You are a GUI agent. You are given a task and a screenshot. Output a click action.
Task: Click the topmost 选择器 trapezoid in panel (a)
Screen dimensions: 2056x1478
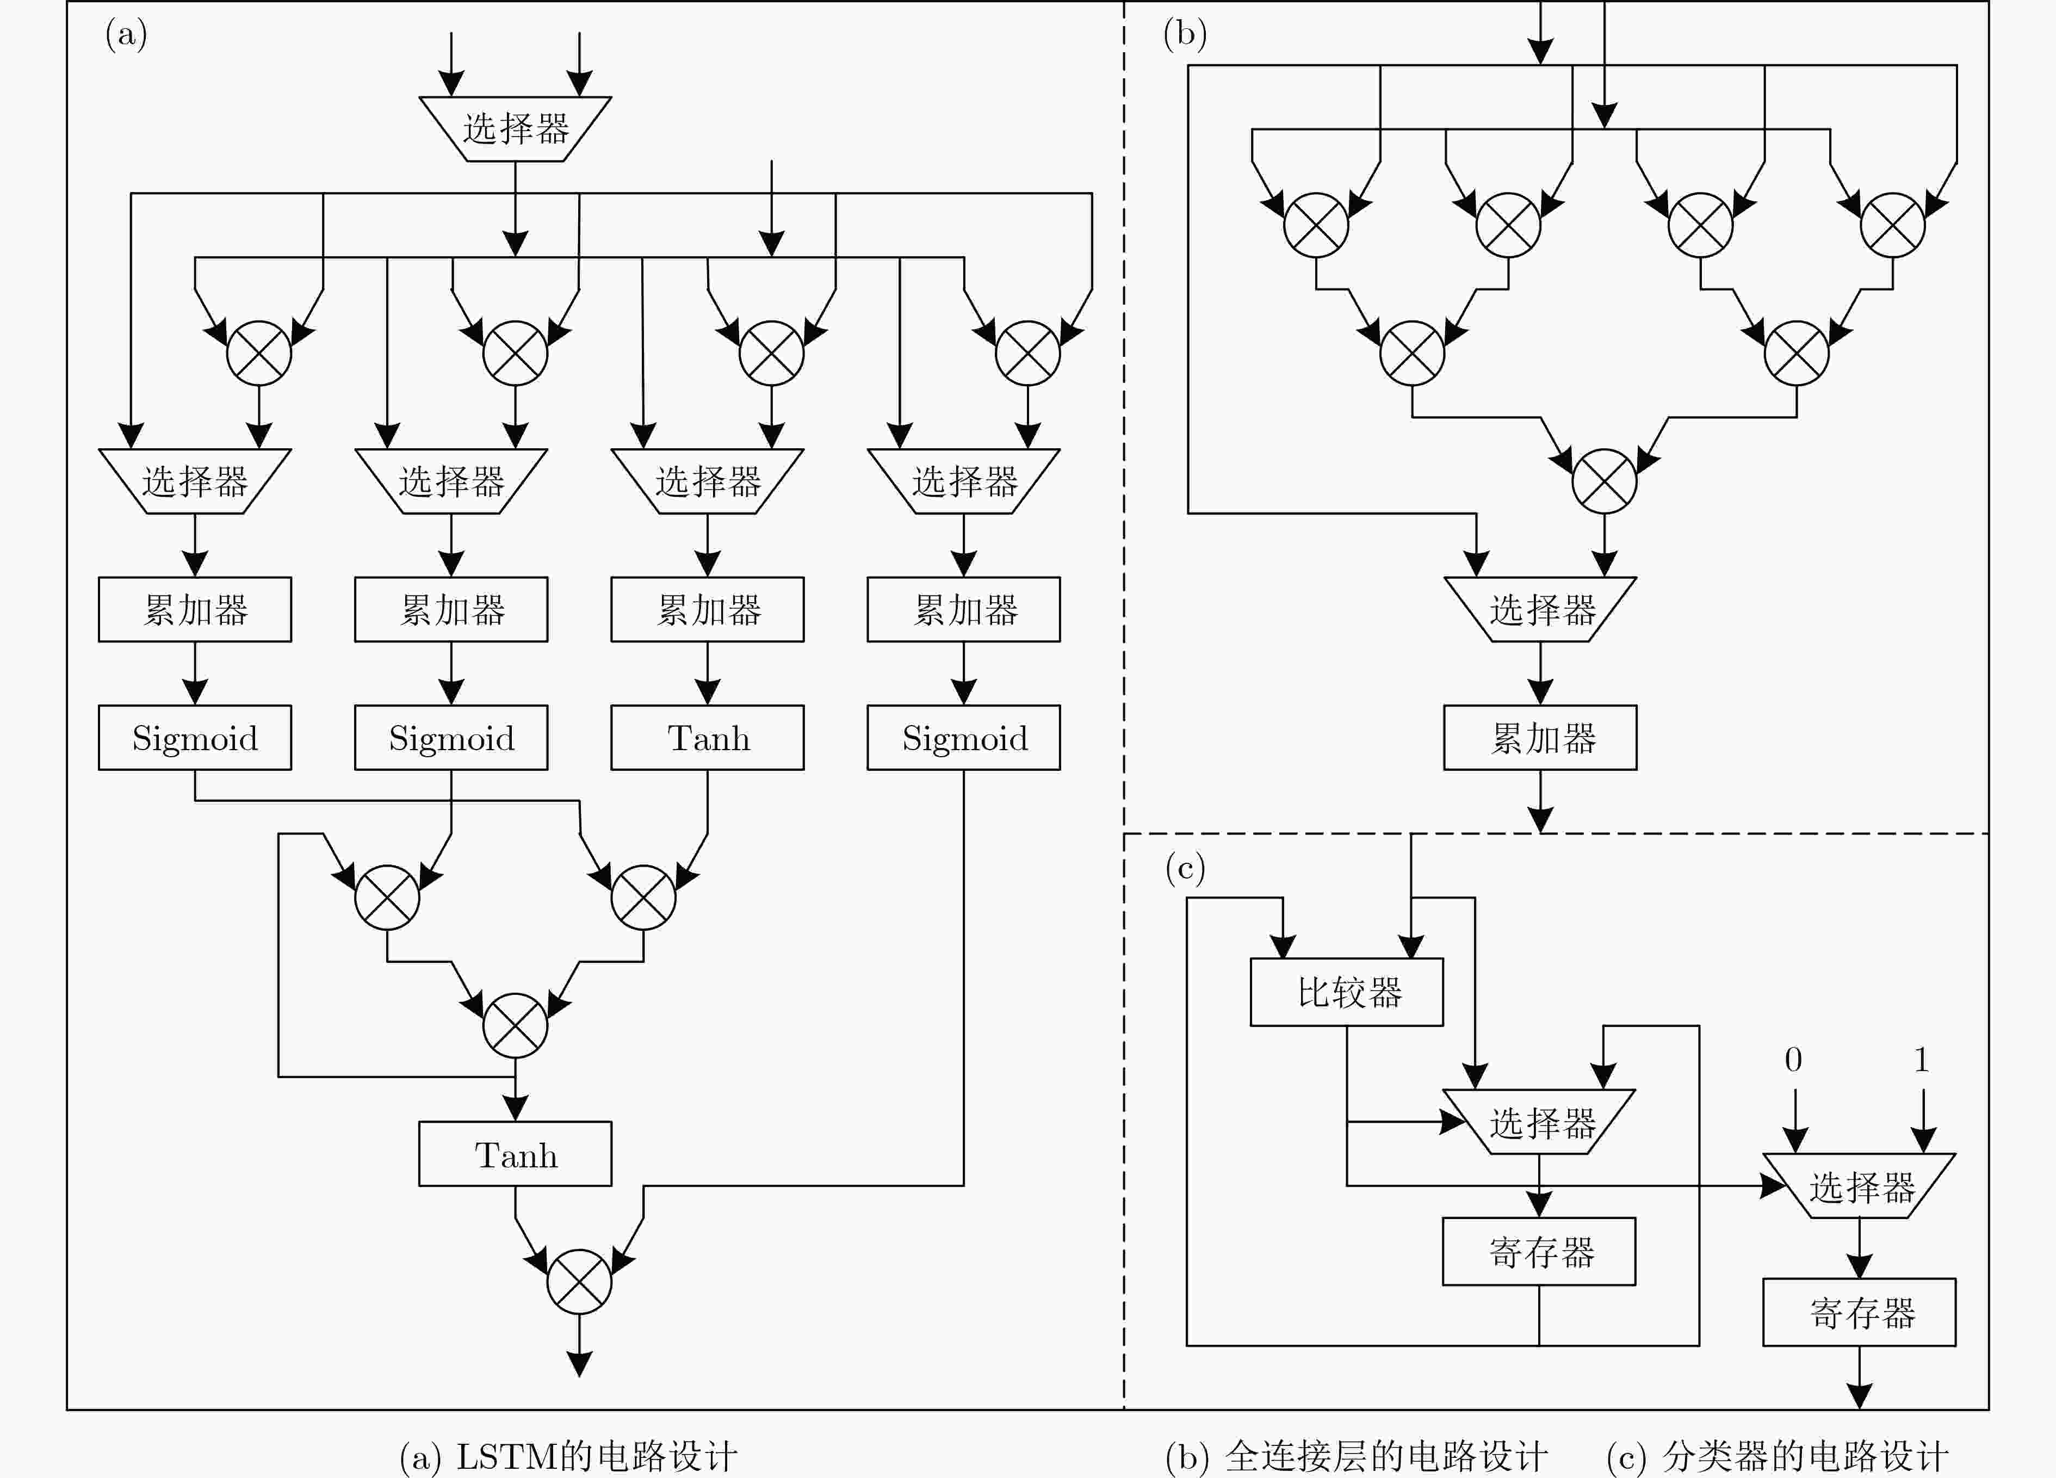[515, 129]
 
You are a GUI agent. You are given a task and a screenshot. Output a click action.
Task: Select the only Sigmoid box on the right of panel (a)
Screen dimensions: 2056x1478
[964, 737]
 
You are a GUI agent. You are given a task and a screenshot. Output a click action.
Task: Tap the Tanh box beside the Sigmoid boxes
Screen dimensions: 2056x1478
[707, 737]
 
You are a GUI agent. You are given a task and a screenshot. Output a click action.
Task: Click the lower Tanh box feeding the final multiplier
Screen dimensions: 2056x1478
[515, 1153]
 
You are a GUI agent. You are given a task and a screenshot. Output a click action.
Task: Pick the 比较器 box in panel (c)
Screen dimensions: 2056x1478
[1347, 992]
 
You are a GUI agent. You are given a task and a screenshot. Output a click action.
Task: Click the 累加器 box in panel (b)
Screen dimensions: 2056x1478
[1540, 737]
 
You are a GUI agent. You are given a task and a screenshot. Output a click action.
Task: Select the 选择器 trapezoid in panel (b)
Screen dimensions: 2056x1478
[1540, 609]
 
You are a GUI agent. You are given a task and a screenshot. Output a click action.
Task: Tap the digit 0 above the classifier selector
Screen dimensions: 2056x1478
[1793, 1059]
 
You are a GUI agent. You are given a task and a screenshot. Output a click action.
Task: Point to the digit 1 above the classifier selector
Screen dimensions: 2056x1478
[1921, 1059]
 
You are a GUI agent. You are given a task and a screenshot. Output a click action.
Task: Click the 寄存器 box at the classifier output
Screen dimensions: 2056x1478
[1859, 1312]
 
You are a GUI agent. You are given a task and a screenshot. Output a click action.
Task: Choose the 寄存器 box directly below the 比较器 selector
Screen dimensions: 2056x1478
[1539, 1251]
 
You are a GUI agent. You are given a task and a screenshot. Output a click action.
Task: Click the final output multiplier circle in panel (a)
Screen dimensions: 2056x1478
[579, 1281]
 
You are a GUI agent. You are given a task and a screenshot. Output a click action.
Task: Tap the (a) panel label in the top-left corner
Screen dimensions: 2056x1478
[126, 34]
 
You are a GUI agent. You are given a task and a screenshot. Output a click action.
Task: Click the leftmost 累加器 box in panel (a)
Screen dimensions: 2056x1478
[195, 609]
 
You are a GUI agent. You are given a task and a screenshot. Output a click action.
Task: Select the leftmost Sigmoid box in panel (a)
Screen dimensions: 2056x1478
[195, 737]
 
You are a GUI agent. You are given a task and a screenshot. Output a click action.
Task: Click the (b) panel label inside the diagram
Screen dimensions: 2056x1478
[1185, 34]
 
